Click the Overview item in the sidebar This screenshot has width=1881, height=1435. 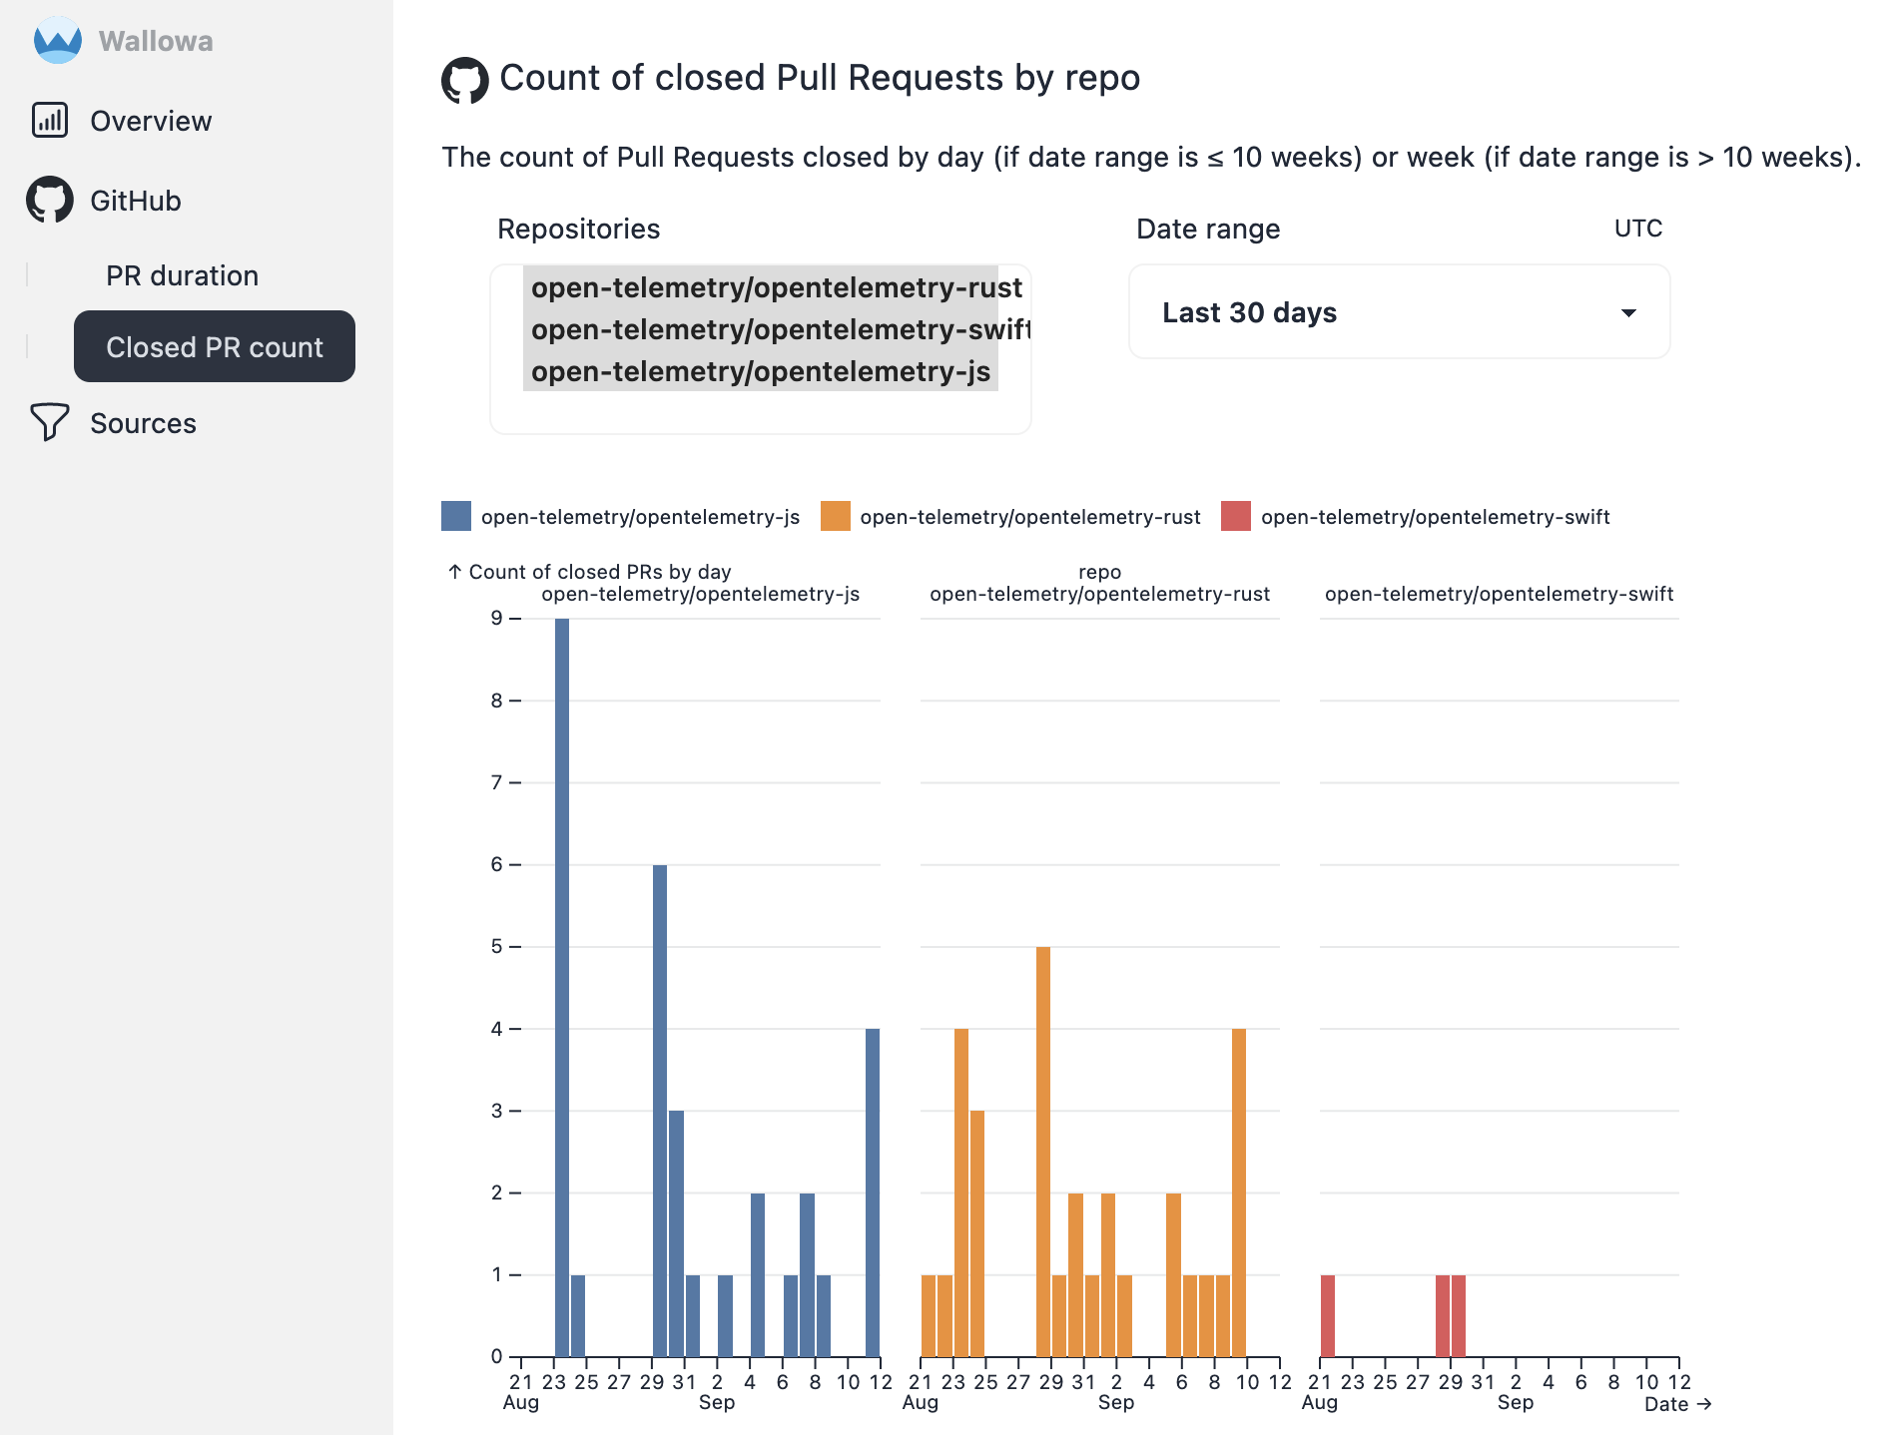[150, 121]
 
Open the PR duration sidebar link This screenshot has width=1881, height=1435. [182, 275]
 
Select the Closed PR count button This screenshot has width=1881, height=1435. [215, 346]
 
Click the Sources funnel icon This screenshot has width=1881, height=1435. [49, 422]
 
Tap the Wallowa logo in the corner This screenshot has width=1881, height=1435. [58, 41]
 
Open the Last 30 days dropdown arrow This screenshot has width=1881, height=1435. [1628, 312]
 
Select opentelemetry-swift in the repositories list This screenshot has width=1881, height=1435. [779, 329]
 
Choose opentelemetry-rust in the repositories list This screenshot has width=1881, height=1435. [775, 287]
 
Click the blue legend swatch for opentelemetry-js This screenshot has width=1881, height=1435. [456, 516]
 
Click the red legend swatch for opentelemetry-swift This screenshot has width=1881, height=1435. [1236, 516]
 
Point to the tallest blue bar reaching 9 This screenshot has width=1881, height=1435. [562, 988]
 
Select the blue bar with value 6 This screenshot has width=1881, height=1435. [660, 1110]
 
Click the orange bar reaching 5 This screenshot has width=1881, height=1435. [1043, 1152]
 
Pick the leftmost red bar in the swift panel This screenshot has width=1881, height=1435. [1328, 1315]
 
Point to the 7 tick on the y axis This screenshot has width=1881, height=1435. [496, 782]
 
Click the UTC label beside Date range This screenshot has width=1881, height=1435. [1637, 229]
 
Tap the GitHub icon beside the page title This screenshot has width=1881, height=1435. [465, 80]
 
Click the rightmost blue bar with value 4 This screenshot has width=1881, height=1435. [873, 1193]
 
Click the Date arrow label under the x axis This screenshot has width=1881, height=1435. [1677, 1404]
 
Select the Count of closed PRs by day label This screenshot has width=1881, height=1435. [599, 572]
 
